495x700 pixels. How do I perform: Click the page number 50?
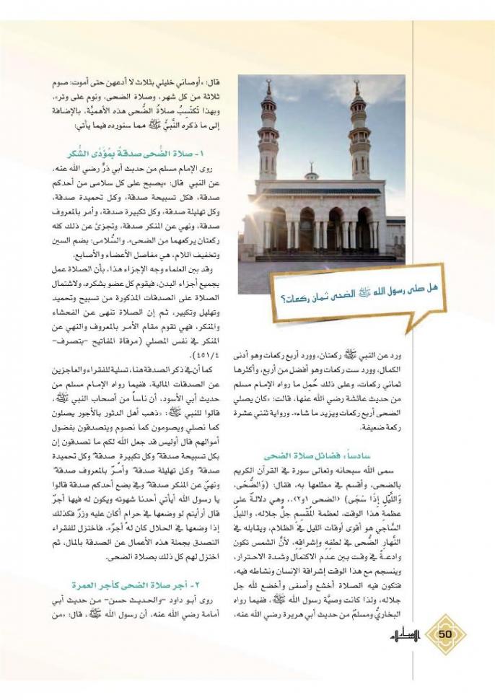[444, 634]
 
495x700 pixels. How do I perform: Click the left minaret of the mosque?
[268, 137]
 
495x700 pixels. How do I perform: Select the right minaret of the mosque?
[360, 137]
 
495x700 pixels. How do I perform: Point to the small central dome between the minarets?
[311, 174]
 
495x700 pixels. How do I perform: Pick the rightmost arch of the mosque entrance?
[365, 229]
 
